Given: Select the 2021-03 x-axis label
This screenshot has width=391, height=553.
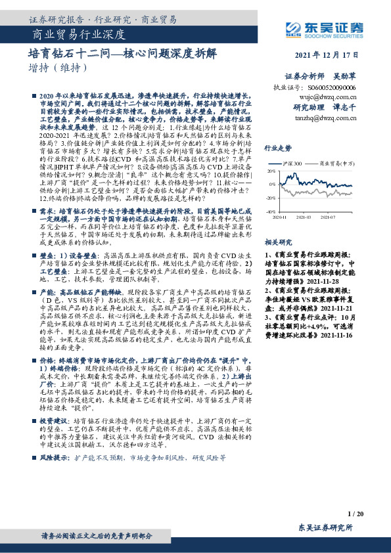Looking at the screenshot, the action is [x=304, y=217].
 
